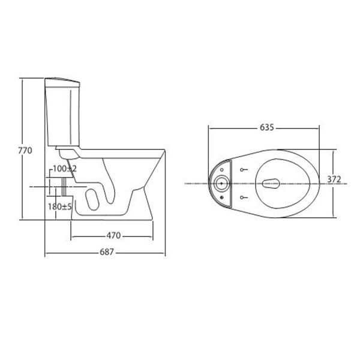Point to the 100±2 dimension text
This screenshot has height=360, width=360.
coord(64,170)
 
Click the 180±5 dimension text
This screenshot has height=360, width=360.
coord(60,206)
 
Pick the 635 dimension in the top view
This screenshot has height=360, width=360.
coord(267,127)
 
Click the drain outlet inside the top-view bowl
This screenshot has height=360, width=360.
coord(271,182)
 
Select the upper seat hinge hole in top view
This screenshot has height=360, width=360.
coord(242,169)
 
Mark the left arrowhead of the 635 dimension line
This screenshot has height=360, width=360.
coord(210,127)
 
